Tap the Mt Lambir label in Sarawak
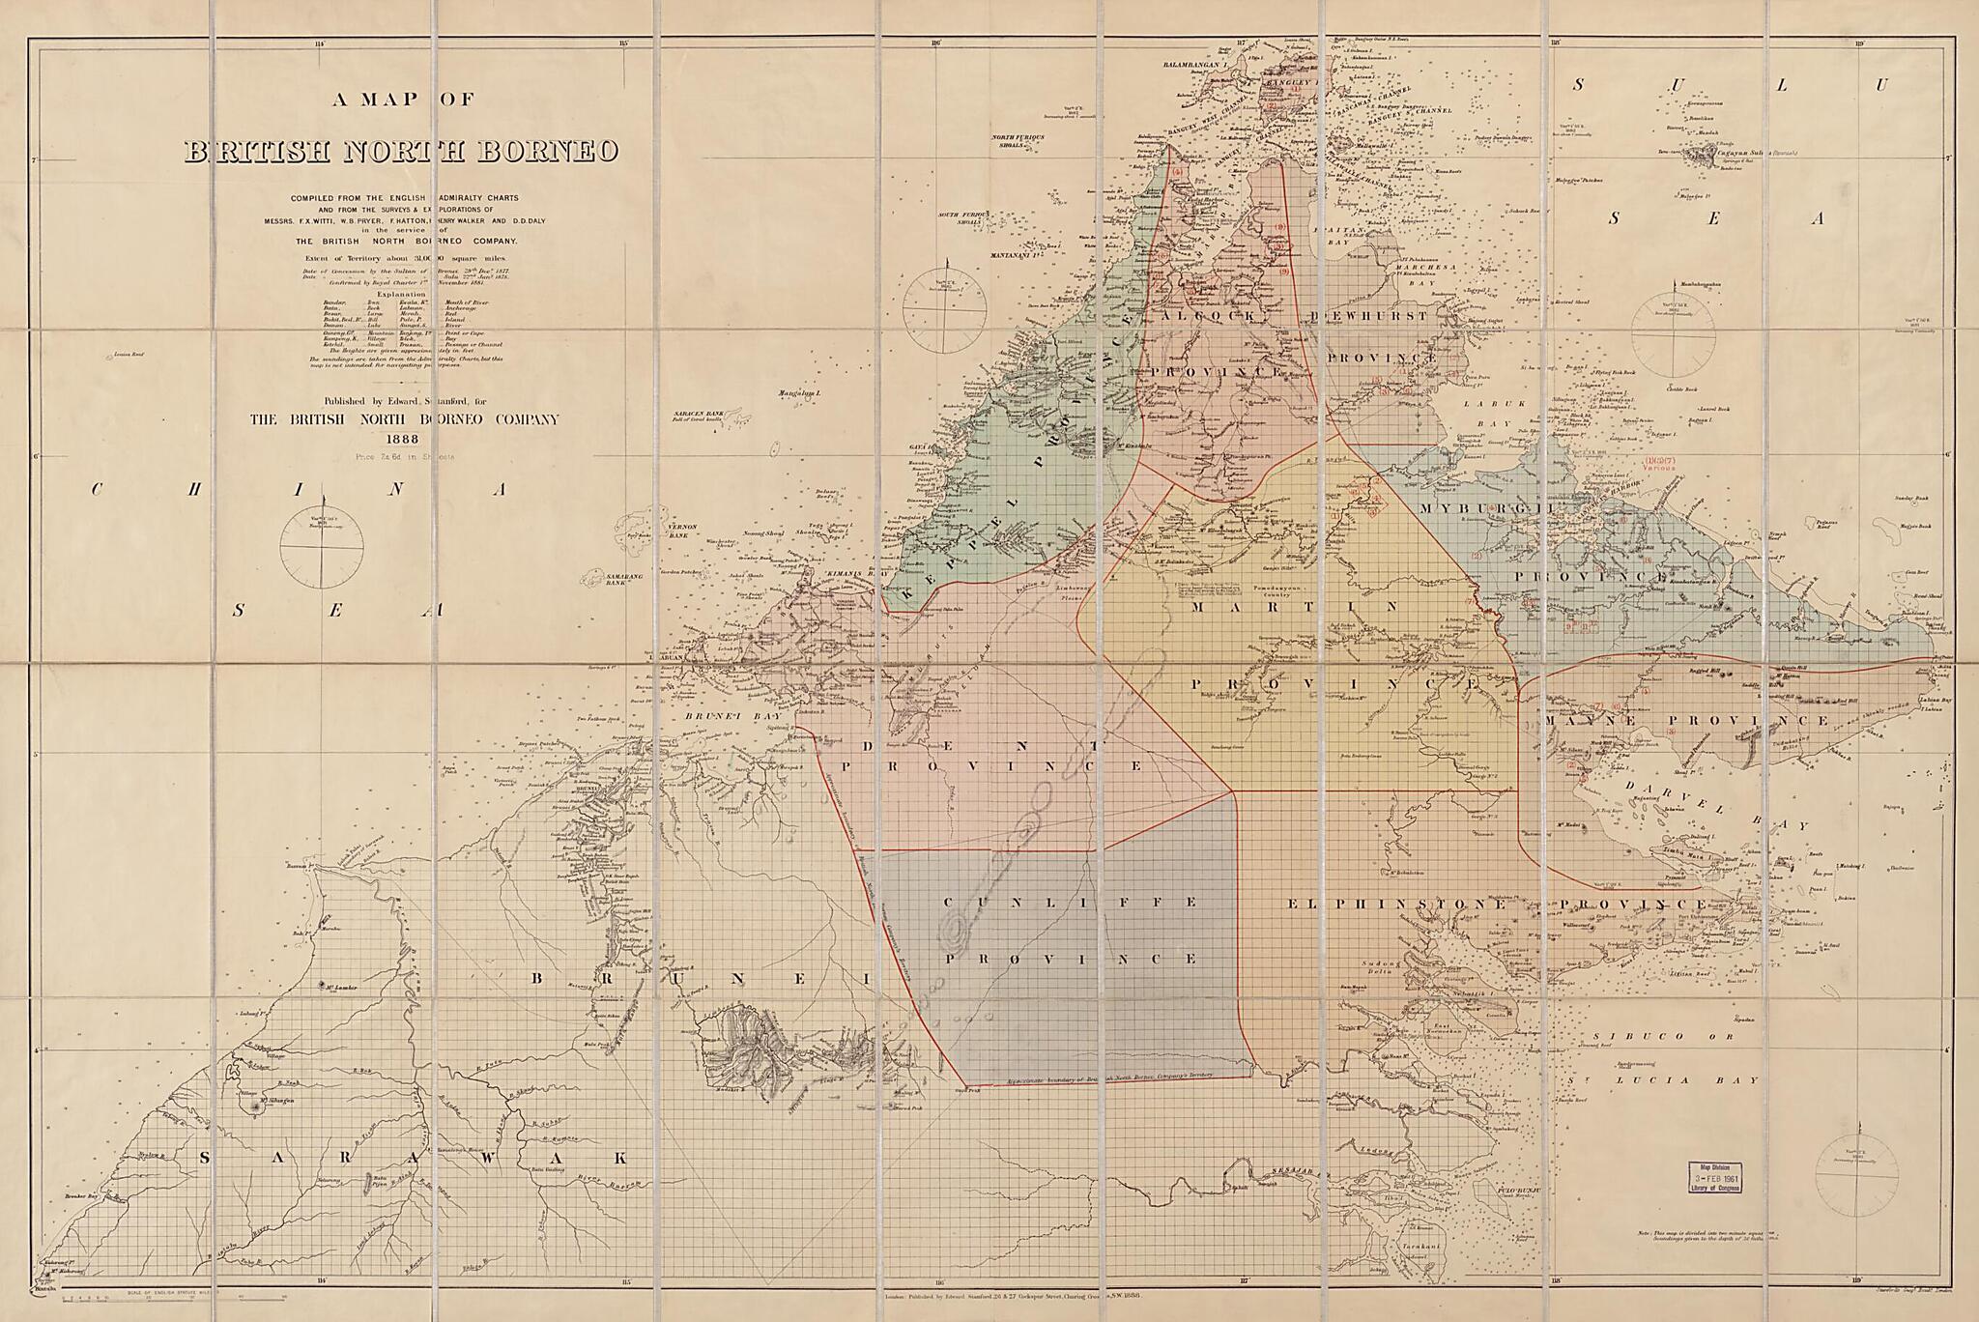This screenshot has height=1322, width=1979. coord(334,987)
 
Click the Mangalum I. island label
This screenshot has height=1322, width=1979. coord(797,394)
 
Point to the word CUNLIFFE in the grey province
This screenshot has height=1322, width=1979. coord(1069,903)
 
